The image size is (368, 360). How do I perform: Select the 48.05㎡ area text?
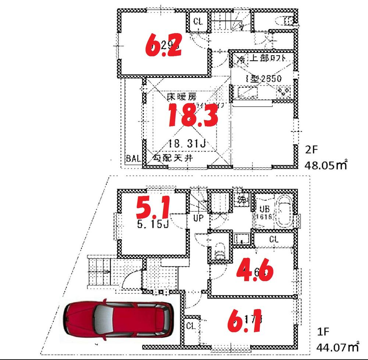tap(326, 165)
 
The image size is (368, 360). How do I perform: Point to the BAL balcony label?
tap(133, 159)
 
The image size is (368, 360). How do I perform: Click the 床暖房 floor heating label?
tap(178, 98)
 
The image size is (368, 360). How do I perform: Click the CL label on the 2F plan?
tap(198, 21)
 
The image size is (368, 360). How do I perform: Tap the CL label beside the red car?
tap(190, 325)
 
